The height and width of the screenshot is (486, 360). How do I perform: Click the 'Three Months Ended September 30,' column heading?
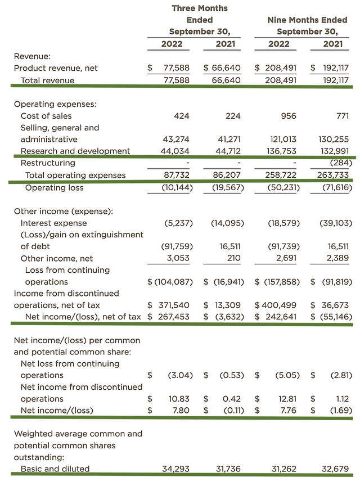[x=200, y=20]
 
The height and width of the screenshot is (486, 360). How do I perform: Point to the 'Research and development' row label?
[x=75, y=151]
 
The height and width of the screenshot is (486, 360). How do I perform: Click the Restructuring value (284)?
[x=341, y=163]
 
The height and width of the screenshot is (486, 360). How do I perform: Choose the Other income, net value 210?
[x=232, y=258]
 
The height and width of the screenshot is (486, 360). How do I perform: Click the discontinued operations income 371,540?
[x=174, y=305]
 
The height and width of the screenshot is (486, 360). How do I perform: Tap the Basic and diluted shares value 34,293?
[x=177, y=469]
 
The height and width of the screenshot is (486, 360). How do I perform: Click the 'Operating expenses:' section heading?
[x=55, y=104]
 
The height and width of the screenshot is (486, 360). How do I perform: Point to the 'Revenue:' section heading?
[x=32, y=56]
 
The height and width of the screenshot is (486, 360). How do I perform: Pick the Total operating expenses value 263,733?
[x=336, y=175]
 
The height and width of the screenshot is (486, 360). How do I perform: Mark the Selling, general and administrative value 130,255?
[x=336, y=139]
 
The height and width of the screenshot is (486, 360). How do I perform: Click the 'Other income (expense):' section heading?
[x=63, y=211]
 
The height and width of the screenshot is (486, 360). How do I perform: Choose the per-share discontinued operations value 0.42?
[x=231, y=399]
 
